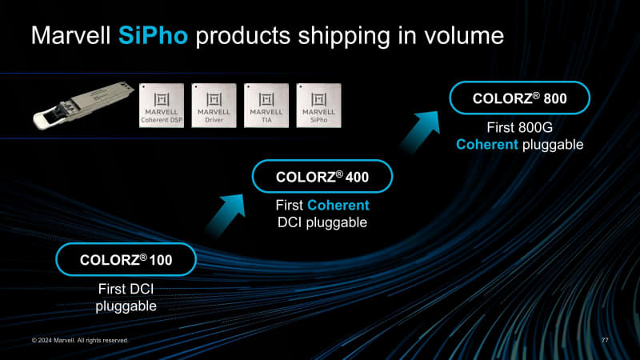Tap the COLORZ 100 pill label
pos(126,259)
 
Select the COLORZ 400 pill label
pos(322,176)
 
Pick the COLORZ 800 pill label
pos(519,98)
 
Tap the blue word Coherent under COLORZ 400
pos(338,206)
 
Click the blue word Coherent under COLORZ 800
pos(487,144)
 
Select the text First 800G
pos(519,128)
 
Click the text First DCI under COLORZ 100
pos(126,290)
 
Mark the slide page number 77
pos(605,341)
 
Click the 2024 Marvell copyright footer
pos(79,341)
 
